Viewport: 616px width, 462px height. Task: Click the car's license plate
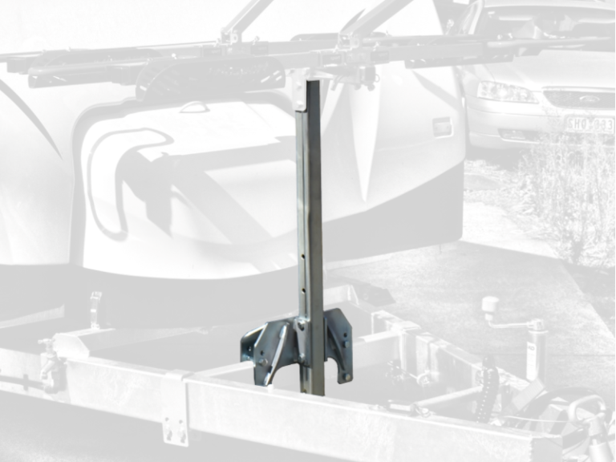(590, 124)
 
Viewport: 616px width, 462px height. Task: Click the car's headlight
(505, 92)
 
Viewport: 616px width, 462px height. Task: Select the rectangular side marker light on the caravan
(442, 127)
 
